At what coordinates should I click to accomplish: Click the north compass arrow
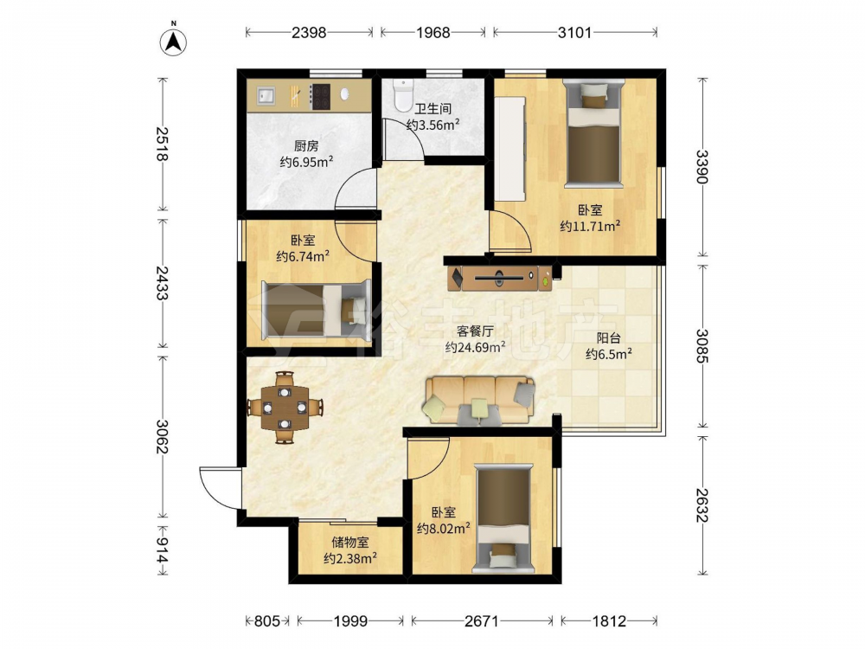tap(173, 42)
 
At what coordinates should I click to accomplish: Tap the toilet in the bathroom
tap(403, 94)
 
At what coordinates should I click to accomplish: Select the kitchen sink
tap(266, 96)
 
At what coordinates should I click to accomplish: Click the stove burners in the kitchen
tap(321, 97)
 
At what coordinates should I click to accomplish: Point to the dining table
tap(284, 408)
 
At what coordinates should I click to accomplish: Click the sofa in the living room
tap(479, 400)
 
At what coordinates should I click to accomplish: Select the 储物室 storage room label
tap(350, 543)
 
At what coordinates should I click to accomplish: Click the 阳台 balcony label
tap(608, 338)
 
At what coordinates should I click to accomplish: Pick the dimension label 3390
tap(702, 167)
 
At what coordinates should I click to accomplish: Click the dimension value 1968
tap(433, 33)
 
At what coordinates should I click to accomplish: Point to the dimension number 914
tap(162, 550)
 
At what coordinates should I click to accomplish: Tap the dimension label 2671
tap(482, 621)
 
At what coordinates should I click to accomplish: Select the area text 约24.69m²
tap(476, 347)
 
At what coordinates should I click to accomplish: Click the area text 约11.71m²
tap(590, 226)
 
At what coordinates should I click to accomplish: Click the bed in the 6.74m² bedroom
tap(316, 309)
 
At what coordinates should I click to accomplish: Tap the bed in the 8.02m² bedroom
tap(503, 517)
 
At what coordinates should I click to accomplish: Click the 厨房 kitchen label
tap(306, 146)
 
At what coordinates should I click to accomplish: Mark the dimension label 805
tap(267, 621)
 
